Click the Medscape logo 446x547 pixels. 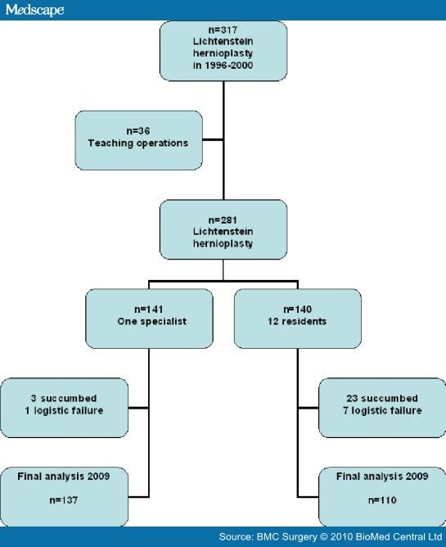pyautogui.click(x=34, y=10)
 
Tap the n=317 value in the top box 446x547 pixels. pyautogui.click(x=223, y=30)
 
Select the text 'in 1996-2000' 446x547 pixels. pyautogui.click(x=223, y=66)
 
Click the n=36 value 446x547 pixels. pyautogui.click(x=138, y=131)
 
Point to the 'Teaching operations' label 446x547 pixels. pyautogui.click(x=138, y=143)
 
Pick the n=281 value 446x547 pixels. pyautogui.click(x=223, y=220)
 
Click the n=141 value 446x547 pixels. pyautogui.click(x=149, y=310)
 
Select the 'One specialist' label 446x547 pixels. pyautogui.click(x=152, y=321)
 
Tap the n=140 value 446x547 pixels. pyautogui.click(x=297, y=310)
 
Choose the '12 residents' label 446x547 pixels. pyautogui.click(x=297, y=321)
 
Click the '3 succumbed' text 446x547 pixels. pyautogui.click(x=64, y=399)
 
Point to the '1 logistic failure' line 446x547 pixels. pyautogui.click(x=64, y=410)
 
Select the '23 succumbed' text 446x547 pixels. pyautogui.click(x=382, y=399)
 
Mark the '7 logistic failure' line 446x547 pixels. pyautogui.click(x=382, y=410)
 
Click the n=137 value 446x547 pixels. pyautogui.click(x=64, y=500)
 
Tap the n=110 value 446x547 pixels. pyautogui.click(x=382, y=500)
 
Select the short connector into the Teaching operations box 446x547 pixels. pyautogui.click(x=213, y=140)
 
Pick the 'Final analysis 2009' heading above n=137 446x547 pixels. pyautogui.click(x=64, y=477)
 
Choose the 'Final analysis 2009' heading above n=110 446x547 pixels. pyautogui.click(x=382, y=477)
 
